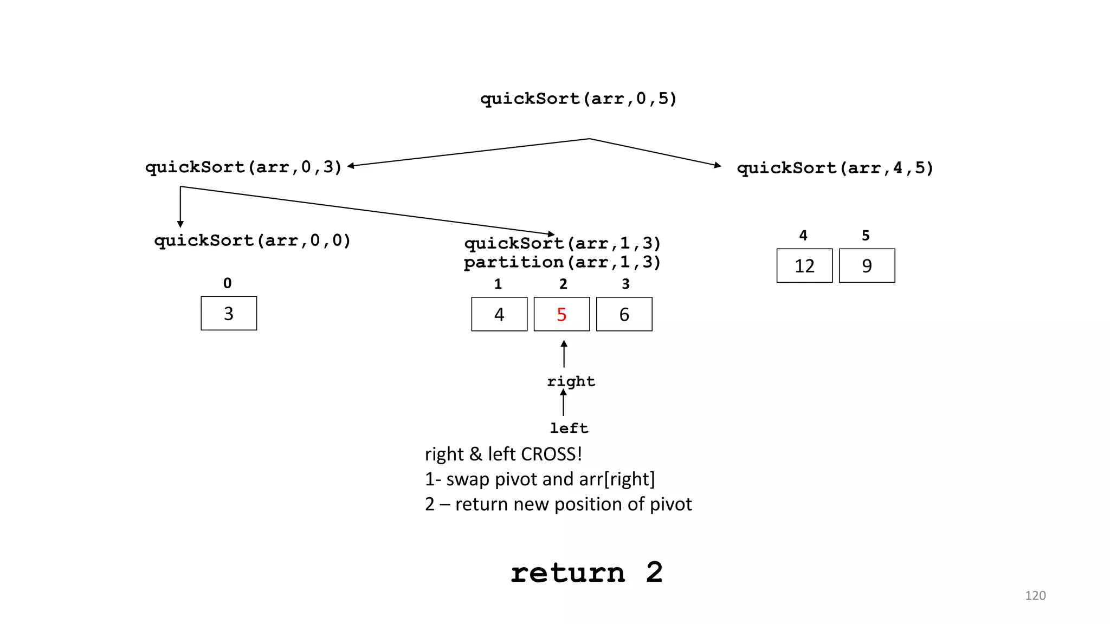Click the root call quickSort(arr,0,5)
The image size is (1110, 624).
click(578, 99)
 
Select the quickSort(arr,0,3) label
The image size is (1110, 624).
click(243, 167)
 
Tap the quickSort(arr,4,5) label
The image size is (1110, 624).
click(835, 168)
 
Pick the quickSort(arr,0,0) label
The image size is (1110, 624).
click(253, 240)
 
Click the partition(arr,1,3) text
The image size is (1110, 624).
click(562, 262)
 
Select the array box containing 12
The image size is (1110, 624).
click(804, 265)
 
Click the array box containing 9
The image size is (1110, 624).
click(867, 265)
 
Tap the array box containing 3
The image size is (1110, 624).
click(229, 313)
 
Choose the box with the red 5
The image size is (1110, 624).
click(562, 314)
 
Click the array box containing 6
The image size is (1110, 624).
click(624, 314)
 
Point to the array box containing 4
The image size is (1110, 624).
click(499, 314)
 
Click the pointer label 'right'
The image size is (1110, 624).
click(571, 381)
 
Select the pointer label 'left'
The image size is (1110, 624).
click(569, 428)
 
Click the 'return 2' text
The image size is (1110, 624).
click(586, 573)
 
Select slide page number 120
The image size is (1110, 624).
click(1035, 595)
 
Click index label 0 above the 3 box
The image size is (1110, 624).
click(227, 283)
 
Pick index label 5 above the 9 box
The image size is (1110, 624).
click(866, 236)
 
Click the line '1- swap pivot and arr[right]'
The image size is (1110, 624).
click(540, 479)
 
